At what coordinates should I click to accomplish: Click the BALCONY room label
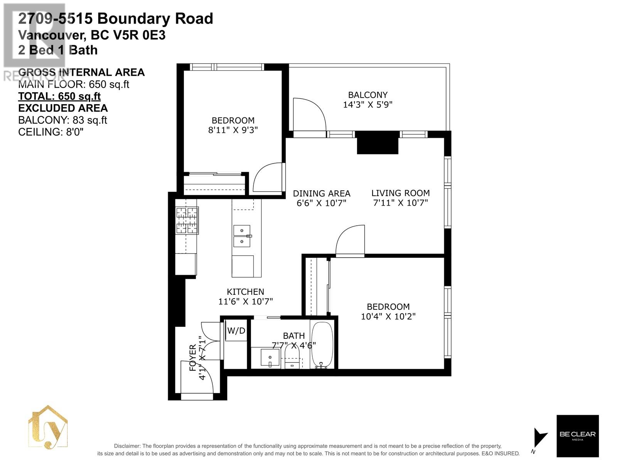point(368,95)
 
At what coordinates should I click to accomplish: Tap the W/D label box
point(236,331)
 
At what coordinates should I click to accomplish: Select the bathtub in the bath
point(322,345)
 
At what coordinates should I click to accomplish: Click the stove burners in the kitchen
point(187,220)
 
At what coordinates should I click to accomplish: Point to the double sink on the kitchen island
point(242,236)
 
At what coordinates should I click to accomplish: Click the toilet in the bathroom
point(292,356)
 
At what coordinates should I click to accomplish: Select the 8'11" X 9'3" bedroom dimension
point(233,130)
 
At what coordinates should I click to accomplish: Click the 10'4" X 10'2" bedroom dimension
point(388,316)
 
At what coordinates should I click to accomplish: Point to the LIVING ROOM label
point(400,193)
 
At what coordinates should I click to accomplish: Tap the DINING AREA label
point(322,193)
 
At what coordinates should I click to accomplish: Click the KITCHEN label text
point(245,292)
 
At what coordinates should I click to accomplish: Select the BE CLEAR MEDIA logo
point(577,436)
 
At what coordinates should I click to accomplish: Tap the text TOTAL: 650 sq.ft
point(59,96)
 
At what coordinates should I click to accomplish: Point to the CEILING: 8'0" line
point(51,132)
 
